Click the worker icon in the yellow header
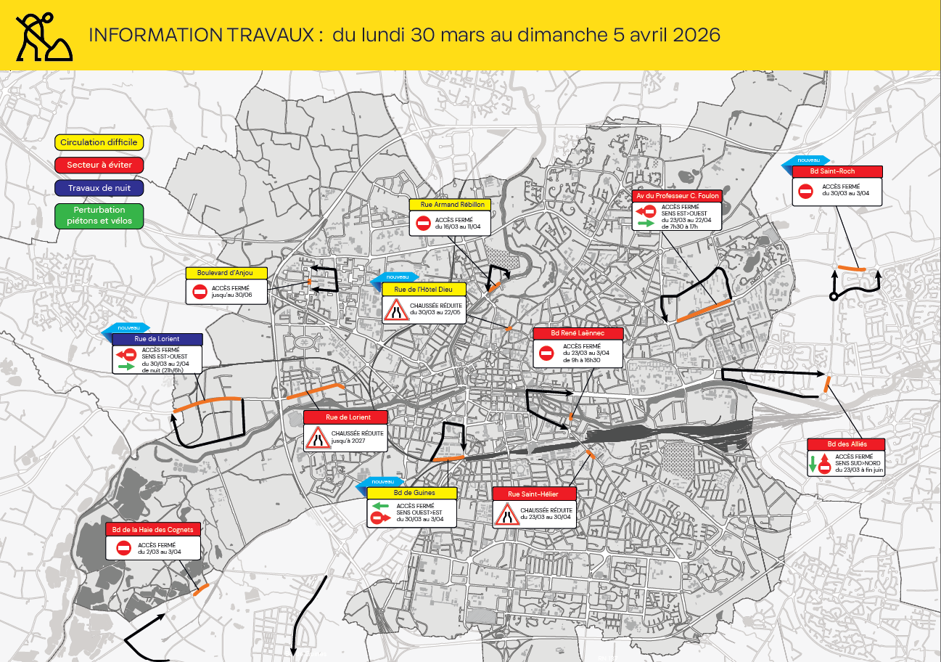click(43, 36)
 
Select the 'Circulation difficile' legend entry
click(99, 142)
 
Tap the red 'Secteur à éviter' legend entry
click(99, 165)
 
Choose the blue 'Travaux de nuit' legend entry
click(99, 188)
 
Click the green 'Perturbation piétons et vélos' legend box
click(99, 216)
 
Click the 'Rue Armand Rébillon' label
click(450, 205)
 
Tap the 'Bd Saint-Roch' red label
click(837, 171)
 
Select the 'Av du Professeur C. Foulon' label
click(676, 196)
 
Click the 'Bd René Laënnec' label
click(578, 333)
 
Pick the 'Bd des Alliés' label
click(847, 444)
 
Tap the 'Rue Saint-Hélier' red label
click(534, 494)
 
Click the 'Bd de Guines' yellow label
click(411, 493)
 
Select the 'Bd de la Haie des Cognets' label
click(153, 529)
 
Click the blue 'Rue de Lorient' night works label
click(157, 339)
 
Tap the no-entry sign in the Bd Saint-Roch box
click(805, 191)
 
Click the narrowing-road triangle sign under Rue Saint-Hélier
click(505, 514)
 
